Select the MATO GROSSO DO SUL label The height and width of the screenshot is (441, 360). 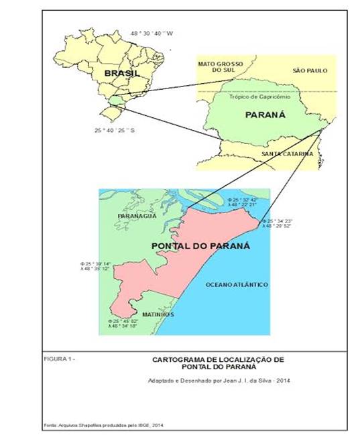(220, 67)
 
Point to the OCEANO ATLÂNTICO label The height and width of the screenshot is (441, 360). (237, 285)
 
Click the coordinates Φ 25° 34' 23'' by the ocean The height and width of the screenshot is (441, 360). (276, 220)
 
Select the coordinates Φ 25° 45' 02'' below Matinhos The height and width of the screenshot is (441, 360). (121, 321)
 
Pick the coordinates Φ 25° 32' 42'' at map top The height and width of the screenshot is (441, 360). (242, 200)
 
